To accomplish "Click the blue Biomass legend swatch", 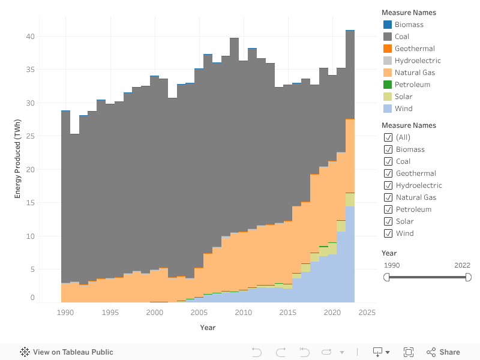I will click(388, 25).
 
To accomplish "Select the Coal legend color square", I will click(388, 37).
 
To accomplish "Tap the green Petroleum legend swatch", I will click(388, 85).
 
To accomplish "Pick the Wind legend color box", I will click(388, 109).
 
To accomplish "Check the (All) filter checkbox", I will click(388, 137).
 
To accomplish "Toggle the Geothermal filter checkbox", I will click(388, 173).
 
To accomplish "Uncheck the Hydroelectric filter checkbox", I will click(388, 185).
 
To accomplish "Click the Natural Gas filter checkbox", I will click(388, 197).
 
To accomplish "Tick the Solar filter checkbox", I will click(388, 221).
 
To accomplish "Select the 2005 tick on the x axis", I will click(199, 313).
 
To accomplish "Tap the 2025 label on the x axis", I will click(367, 313).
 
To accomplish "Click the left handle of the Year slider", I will click(386, 277).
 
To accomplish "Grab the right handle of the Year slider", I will click(468, 277).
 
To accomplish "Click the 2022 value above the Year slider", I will click(463, 265).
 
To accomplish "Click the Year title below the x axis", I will click(208, 328).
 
